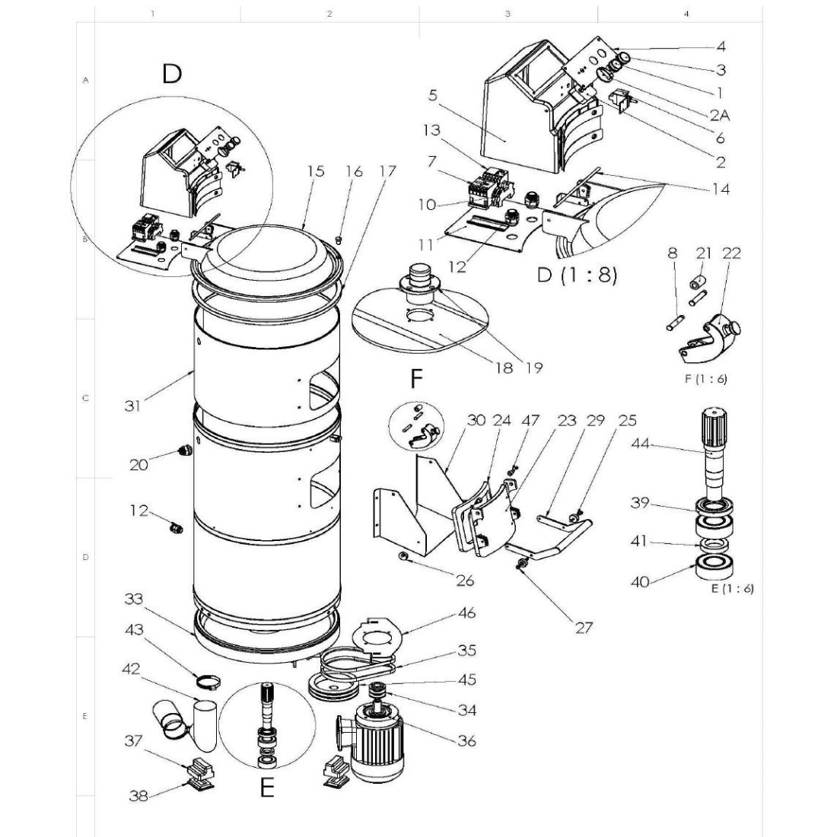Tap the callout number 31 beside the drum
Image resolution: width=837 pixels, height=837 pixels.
click(x=133, y=406)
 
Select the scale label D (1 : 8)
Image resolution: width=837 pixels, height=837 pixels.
click(x=577, y=275)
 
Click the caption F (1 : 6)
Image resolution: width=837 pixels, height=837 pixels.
click(x=705, y=380)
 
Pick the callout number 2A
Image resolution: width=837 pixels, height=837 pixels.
click(x=719, y=116)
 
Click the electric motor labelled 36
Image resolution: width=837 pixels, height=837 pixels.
click(x=377, y=740)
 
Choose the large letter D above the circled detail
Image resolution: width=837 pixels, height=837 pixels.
click(x=172, y=74)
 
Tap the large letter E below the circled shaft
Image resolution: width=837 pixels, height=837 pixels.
click(x=266, y=789)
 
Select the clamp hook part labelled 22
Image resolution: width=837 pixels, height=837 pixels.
click(x=711, y=335)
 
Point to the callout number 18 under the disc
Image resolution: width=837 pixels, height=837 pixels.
click(x=504, y=368)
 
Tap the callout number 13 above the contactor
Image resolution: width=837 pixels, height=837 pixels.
click(x=431, y=131)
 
